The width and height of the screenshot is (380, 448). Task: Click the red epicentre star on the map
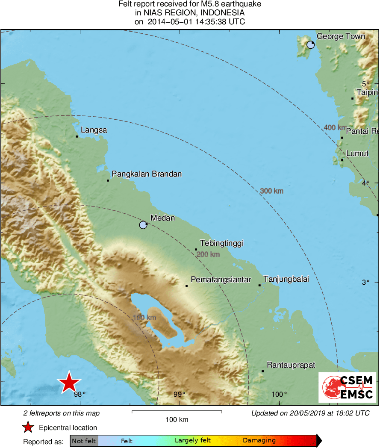(x=69, y=383)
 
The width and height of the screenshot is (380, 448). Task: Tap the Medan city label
(x=162, y=218)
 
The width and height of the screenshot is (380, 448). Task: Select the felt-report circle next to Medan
(x=143, y=225)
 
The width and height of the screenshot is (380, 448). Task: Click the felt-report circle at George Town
(x=311, y=44)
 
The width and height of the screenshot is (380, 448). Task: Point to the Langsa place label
(x=94, y=130)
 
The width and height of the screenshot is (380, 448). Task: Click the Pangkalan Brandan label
(x=147, y=174)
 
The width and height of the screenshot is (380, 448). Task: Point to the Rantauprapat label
(x=291, y=365)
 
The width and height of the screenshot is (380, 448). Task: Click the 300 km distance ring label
(x=272, y=191)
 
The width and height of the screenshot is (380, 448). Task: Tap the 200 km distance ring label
(x=208, y=254)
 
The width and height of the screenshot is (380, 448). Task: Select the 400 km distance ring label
(x=335, y=127)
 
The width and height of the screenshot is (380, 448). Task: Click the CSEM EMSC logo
(x=347, y=387)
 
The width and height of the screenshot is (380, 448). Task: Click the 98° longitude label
(x=80, y=394)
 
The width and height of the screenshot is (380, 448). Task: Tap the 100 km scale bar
(x=177, y=412)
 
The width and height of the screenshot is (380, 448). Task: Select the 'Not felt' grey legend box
(x=84, y=441)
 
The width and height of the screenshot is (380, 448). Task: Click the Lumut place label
(x=357, y=153)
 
